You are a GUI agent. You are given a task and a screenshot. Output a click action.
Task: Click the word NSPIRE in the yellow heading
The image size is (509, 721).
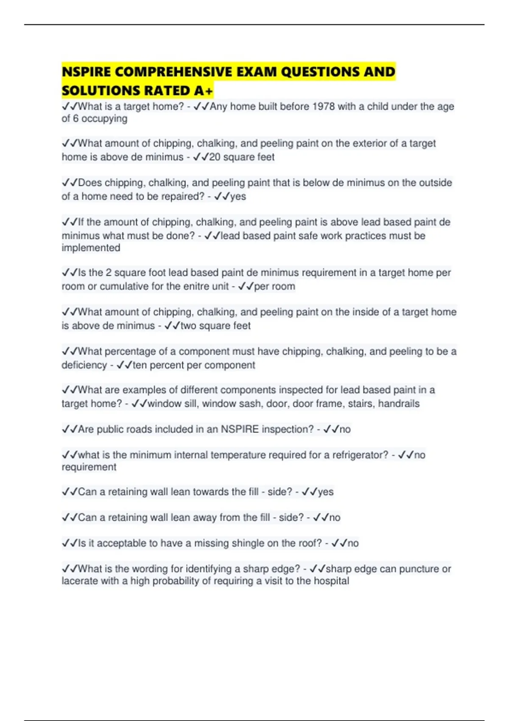coord(87,72)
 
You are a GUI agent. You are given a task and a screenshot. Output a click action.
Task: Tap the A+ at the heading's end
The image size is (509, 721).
coord(204,91)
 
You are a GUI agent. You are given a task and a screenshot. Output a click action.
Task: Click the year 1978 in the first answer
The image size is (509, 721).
coord(323,106)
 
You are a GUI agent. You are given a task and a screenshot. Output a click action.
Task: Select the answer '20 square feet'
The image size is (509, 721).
coord(242,157)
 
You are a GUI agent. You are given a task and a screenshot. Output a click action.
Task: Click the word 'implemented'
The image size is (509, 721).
coord(91,248)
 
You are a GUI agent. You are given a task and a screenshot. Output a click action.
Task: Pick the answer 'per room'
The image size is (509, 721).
coord(274,286)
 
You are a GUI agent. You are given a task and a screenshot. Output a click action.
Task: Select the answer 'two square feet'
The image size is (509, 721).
coord(215,326)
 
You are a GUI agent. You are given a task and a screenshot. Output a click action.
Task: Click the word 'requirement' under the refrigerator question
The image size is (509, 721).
coord(89,467)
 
